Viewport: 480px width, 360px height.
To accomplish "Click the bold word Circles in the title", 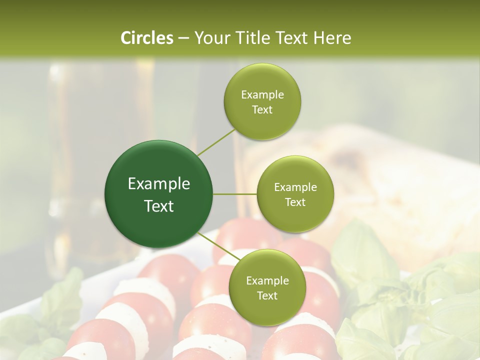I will pos(146,38).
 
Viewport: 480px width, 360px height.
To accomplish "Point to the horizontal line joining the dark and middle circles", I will pos(235,194).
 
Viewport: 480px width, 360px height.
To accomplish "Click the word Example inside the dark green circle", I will pos(159,184).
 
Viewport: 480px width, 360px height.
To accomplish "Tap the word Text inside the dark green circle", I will pos(159,206).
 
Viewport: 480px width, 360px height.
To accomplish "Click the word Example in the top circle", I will pos(262,94).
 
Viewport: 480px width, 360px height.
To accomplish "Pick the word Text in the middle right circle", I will pos(295,202).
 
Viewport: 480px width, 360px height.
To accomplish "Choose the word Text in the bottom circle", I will pos(267,295).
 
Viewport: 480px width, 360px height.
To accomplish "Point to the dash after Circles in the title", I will pos(183,38).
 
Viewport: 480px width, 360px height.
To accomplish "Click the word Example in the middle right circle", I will pos(295,187).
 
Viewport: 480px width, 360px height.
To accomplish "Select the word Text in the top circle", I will pos(262,109).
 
